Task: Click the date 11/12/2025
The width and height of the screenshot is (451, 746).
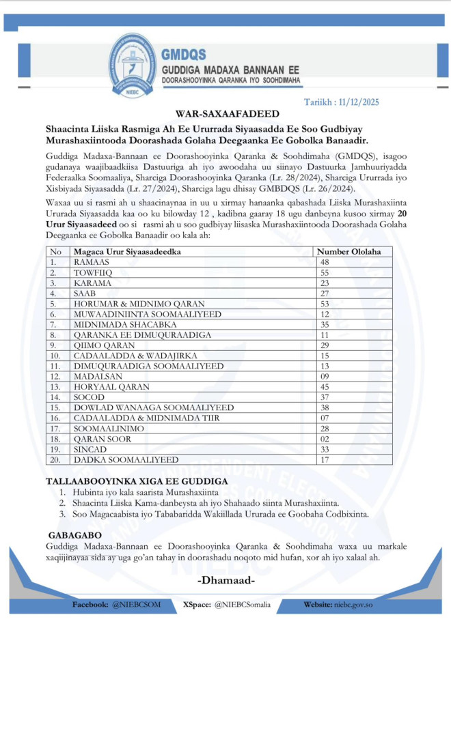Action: coord(361,102)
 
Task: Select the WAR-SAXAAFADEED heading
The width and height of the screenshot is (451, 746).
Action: coord(225,114)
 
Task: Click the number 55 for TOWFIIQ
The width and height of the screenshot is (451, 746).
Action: coord(325,272)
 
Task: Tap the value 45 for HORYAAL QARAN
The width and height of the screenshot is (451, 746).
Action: coord(325,387)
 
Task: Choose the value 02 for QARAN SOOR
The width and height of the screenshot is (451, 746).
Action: coord(325,439)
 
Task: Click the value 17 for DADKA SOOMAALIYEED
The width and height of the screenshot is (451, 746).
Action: coord(325,460)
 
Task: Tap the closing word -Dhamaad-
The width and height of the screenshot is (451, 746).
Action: coord(226,581)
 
